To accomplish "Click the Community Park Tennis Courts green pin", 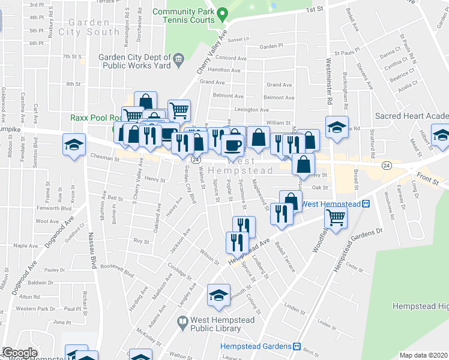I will [221, 13].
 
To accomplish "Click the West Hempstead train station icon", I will [366, 204].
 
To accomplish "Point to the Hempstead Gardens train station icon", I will [296, 346].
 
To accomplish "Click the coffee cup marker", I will [232, 145].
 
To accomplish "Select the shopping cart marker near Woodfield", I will [336, 217].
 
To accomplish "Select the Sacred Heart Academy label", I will [411, 116].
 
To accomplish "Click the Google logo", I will [20, 353].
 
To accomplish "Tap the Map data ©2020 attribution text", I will [424, 355].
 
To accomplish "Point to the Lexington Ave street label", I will [252, 110].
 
